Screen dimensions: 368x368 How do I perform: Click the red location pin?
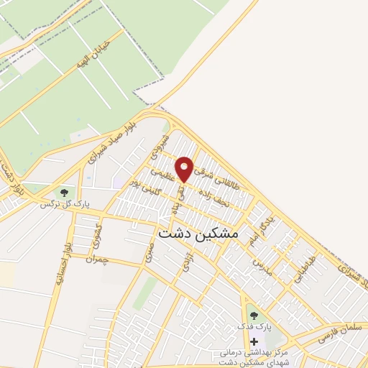pyautogui.click(x=185, y=168)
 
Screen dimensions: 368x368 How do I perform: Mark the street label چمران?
pyautogui.click(x=95, y=258)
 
